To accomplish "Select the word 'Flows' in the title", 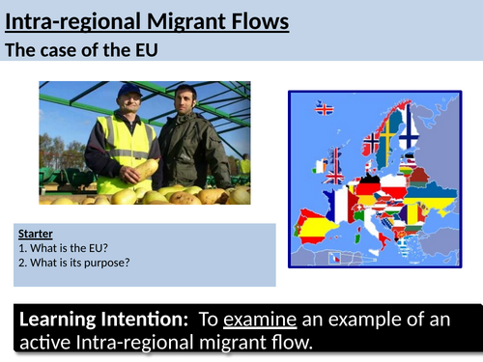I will point(260,19).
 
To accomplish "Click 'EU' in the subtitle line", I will point(157,52).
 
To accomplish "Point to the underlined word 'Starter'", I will point(36,233).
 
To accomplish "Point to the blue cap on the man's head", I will point(128,90).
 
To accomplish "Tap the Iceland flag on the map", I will point(325,109).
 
